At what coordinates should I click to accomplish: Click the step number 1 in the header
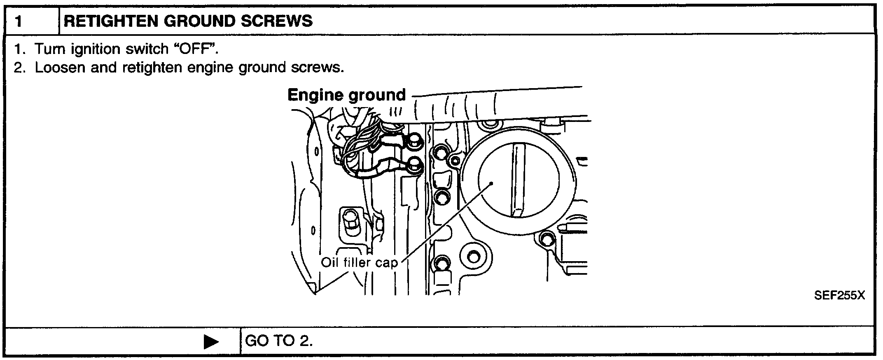(19, 21)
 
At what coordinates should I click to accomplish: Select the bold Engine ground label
(346, 95)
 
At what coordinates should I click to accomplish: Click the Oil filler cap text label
(359, 262)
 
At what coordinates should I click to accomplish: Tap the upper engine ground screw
(413, 143)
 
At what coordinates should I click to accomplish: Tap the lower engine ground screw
(414, 166)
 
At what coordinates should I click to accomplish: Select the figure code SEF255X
(839, 295)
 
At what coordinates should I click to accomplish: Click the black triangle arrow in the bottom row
(211, 342)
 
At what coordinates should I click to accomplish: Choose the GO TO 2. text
(279, 341)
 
